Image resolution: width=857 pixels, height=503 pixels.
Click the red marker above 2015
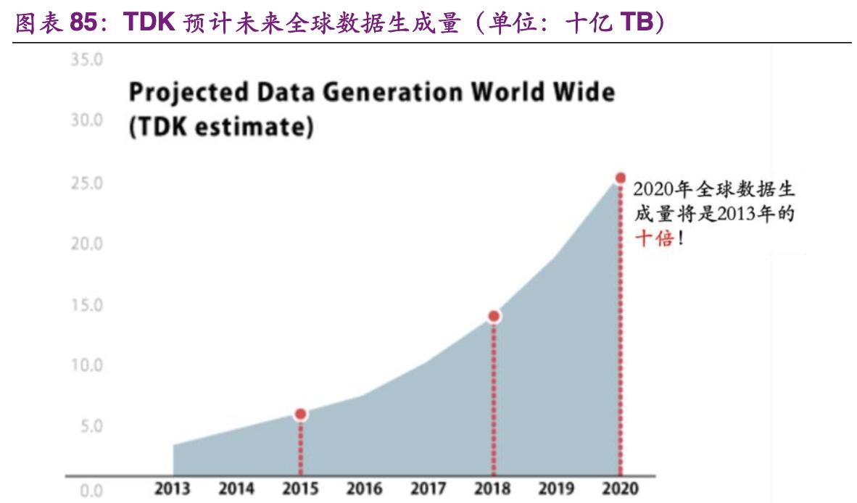click(300, 414)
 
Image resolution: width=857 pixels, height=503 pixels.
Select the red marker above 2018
click(494, 316)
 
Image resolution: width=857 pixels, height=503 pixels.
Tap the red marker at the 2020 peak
click(620, 178)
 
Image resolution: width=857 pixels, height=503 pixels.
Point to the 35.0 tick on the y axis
click(86, 60)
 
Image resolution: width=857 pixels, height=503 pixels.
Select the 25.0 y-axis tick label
click(86, 183)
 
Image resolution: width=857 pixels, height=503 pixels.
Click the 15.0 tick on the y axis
click(86, 305)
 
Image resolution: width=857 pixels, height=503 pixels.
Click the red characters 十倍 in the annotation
click(655, 238)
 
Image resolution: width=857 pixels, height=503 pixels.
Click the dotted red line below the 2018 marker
click(494, 399)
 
